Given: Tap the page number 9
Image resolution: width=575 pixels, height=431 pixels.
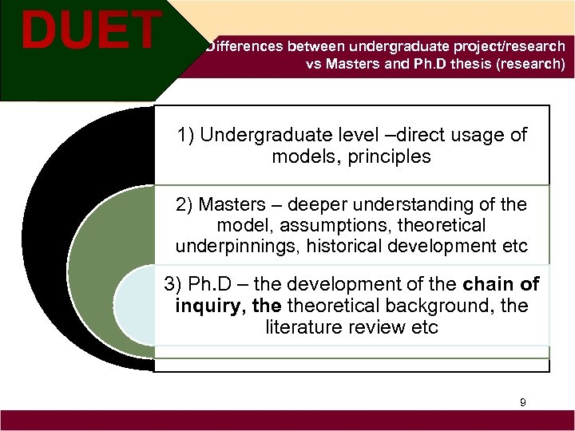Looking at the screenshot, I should (x=522, y=402).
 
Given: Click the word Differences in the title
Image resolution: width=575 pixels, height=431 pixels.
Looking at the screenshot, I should (x=244, y=47).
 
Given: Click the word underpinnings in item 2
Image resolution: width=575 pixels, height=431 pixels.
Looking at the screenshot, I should (x=234, y=247).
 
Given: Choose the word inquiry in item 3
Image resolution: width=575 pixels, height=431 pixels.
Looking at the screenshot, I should (x=203, y=306).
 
